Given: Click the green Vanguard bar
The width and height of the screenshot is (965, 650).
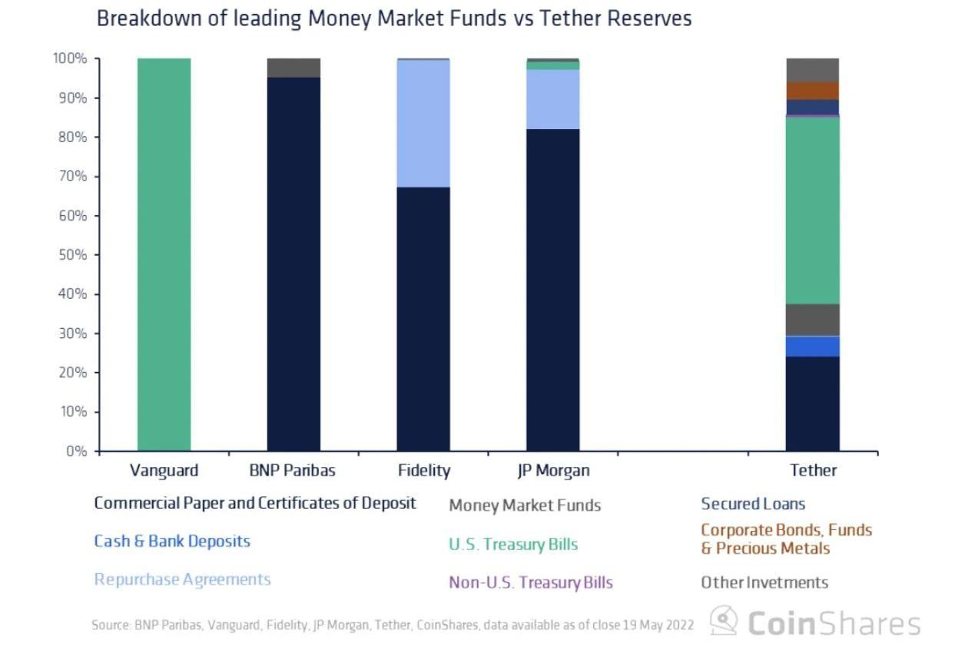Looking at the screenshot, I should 164,254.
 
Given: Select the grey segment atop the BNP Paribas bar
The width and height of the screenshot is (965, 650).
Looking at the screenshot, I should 293,68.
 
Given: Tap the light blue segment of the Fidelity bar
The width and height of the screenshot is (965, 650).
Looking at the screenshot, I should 423,123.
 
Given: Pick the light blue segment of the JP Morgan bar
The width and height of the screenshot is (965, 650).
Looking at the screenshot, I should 553,99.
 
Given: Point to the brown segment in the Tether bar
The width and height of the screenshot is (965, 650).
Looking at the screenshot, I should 812,91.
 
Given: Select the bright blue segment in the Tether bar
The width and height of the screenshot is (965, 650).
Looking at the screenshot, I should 812,347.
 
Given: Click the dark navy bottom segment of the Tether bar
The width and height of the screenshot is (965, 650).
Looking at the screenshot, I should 812,403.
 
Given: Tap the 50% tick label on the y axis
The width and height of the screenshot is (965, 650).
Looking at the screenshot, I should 73,255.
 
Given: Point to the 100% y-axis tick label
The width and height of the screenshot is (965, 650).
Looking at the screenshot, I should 70,59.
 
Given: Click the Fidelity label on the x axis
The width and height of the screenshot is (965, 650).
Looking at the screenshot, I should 424,470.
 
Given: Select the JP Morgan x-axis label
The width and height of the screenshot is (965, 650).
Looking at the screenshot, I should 553,470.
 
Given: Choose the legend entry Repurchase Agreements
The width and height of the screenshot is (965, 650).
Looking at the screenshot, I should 182,579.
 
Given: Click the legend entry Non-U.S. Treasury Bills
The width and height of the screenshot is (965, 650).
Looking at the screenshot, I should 531,582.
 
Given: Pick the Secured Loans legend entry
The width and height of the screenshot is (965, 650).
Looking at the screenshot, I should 753,504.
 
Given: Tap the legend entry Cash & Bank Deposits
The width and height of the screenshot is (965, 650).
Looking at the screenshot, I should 172,541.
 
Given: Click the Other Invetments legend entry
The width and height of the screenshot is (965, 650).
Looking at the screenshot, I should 764,582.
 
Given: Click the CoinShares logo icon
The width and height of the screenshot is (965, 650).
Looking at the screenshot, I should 724,621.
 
